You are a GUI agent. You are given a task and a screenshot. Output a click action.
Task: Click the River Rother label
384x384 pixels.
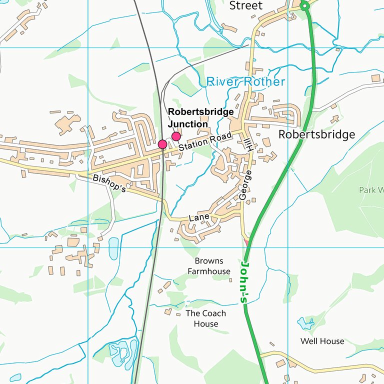click(246, 81)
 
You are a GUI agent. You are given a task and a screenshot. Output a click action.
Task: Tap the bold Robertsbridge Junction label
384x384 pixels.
click(200, 118)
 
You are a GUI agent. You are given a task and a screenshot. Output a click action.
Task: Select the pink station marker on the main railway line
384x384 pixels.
click(162, 144)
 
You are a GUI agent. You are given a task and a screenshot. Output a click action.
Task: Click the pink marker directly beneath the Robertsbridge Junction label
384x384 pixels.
click(176, 136)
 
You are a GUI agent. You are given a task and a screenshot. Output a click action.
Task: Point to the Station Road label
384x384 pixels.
click(205, 141)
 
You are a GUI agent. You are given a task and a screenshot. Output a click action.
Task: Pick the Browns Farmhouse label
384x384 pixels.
click(209, 266)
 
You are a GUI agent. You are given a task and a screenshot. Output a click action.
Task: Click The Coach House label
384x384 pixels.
click(205, 318)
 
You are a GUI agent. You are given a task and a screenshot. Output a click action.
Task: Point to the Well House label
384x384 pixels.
click(322, 341)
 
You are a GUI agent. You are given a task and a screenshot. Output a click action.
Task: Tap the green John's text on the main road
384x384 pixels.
click(245, 282)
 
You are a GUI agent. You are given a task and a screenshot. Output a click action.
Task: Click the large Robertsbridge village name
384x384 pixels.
click(316, 134)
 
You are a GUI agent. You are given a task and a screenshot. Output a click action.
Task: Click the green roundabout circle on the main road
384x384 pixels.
click(304, 5)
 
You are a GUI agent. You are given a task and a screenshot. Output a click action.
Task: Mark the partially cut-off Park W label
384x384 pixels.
click(370, 190)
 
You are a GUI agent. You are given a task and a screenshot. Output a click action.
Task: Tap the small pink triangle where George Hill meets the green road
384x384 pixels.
click(245, 242)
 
